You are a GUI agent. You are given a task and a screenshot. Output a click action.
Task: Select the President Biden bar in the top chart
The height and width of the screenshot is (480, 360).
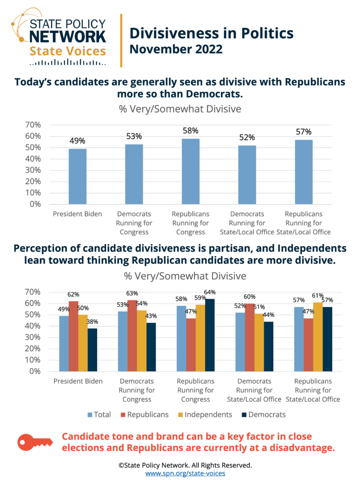(x=78, y=176)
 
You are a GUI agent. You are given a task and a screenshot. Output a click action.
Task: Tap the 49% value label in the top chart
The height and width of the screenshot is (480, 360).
(x=78, y=141)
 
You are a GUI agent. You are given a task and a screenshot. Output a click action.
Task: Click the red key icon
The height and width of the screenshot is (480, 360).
(x=36, y=442)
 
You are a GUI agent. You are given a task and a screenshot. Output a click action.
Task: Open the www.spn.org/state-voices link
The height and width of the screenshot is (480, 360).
(x=185, y=473)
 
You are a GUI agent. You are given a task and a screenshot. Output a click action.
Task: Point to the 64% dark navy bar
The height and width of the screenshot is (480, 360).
(x=210, y=335)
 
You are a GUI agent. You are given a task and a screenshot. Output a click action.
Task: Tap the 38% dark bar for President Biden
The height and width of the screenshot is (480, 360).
(x=92, y=350)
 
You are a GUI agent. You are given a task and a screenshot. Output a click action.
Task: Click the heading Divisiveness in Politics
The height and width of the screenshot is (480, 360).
(x=211, y=33)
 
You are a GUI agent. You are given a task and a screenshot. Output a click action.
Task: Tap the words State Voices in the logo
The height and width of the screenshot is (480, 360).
(x=68, y=50)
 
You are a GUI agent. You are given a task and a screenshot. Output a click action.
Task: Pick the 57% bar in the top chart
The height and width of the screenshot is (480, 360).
(x=304, y=172)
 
